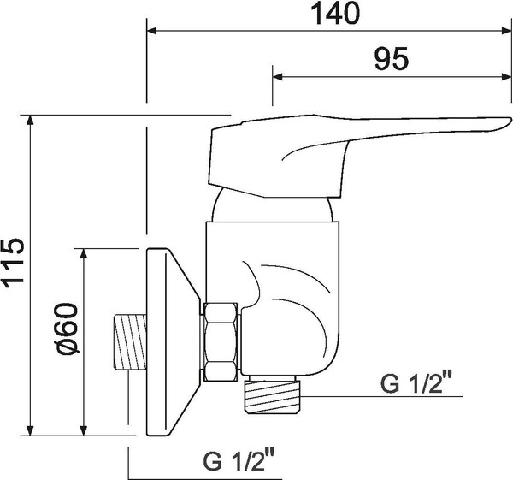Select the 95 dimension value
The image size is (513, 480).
(x=392, y=59)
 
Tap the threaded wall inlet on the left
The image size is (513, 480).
(x=127, y=343)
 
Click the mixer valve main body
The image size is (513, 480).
(x=291, y=291)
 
